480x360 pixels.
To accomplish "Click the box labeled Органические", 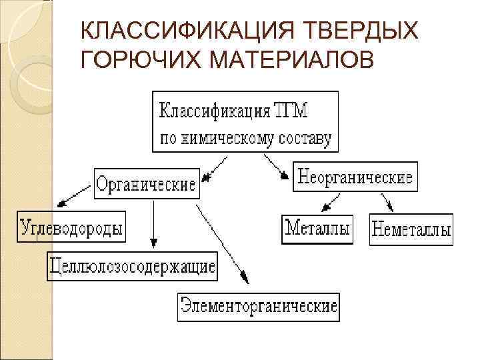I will click(x=147, y=183).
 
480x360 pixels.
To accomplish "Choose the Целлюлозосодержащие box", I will click(x=132, y=267).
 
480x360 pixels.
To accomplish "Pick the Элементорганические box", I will click(x=259, y=308).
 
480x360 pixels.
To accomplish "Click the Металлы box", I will click(x=317, y=229).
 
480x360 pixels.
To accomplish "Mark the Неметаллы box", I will click(x=411, y=230).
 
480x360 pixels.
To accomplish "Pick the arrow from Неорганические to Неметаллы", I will click(x=385, y=202).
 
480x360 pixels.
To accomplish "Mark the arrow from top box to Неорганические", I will click(x=277, y=167).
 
